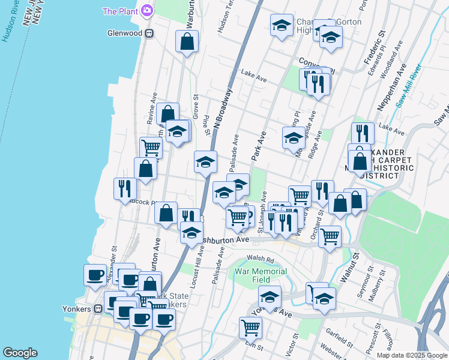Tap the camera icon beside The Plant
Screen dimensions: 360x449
[x=146, y=11]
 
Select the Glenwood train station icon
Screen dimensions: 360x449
[x=149, y=33]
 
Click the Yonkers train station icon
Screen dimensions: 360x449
[x=97, y=309]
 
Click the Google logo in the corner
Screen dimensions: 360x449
[x=20, y=353]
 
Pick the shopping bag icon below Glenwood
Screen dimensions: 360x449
[x=187, y=42]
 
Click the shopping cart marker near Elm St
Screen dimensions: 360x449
[x=250, y=328]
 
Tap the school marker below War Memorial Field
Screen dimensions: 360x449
[x=270, y=296]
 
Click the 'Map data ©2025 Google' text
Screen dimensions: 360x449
[x=411, y=355]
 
